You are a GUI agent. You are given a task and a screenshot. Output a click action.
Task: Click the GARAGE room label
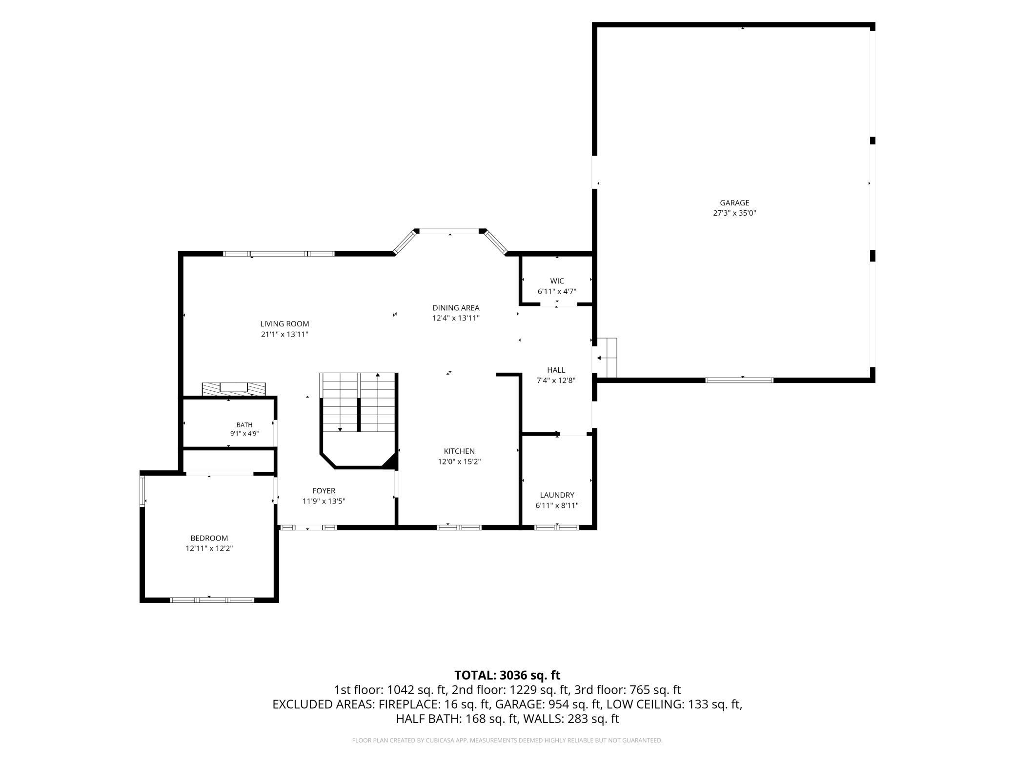pos(734,203)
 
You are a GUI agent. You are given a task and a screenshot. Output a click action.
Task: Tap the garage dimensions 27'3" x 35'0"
pos(734,213)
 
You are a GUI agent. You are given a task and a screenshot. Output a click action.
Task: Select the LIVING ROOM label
pos(284,324)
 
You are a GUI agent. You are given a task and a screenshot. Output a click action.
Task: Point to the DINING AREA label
pos(456,308)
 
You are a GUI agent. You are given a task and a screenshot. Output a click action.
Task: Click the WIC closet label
pos(557,281)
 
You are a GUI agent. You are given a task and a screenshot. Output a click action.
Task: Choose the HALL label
pos(556,370)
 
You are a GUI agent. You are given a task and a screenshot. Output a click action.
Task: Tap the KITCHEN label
pos(459,451)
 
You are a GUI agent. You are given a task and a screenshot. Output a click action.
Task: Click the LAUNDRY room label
pos(557,495)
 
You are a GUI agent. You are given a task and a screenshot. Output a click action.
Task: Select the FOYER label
pos(324,491)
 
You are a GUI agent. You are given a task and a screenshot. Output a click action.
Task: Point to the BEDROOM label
pos(209,538)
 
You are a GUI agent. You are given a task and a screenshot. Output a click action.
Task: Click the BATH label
pos(244,425)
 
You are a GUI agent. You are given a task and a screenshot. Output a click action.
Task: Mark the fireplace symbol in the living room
pos(234,389)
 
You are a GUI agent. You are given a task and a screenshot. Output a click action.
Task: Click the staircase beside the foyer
pos(358,402)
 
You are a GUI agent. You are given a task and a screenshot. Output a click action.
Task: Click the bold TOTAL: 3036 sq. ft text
pos(507,675)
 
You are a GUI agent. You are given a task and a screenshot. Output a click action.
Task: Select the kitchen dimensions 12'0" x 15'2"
pos(459,461)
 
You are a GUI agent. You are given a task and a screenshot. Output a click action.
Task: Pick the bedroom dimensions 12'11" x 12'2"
pos(209,548)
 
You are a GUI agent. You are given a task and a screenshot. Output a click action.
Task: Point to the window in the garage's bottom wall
pos(739,380)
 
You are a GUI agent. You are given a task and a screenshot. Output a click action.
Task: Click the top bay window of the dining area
pos(449,231)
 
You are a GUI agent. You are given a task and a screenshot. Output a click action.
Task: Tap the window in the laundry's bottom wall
pos(557,527)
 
